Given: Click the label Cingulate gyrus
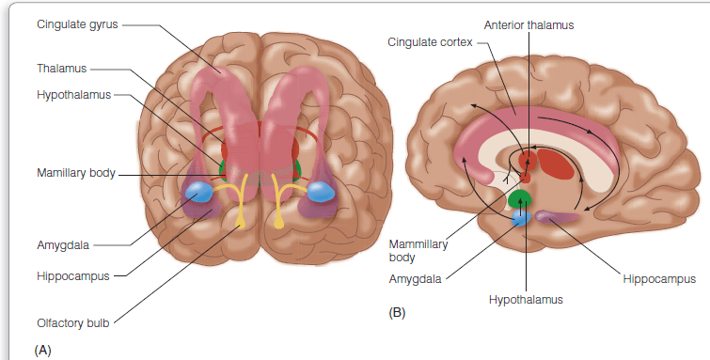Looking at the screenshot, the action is point(77,24).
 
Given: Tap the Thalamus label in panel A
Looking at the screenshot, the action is point(61,69).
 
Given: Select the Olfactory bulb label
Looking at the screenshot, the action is point(73,322).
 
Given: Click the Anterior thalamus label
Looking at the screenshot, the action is point(529,24).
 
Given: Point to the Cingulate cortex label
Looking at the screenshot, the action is point(430,42).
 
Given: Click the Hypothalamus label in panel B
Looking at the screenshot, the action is point(526,299).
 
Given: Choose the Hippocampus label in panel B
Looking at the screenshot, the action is point(659,279).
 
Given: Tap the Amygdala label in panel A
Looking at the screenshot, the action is point(63,245).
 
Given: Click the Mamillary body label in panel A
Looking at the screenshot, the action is point(76,173).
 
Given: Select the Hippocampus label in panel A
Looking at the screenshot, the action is point(73,276).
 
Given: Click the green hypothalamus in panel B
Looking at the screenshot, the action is point(519,199).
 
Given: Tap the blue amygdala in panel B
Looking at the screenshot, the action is point(521,218).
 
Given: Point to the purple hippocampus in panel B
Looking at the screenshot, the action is point(556,216).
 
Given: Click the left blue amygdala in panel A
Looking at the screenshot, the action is point(198,192).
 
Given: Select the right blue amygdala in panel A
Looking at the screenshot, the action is point(321,192).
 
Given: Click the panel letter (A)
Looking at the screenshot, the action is point(42,350).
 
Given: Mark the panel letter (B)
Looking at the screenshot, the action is point(397,313).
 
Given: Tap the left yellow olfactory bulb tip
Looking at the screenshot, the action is point(241,223).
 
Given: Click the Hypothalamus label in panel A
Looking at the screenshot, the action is point(73,95).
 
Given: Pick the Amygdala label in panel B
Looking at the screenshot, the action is point(415,279).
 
